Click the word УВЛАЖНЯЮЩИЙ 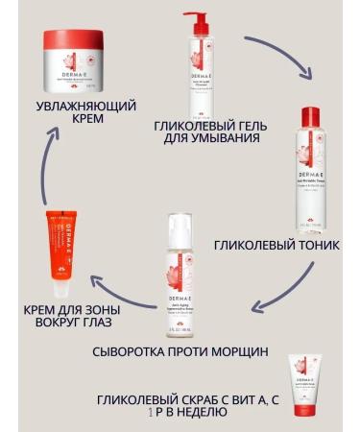point(73,106)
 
